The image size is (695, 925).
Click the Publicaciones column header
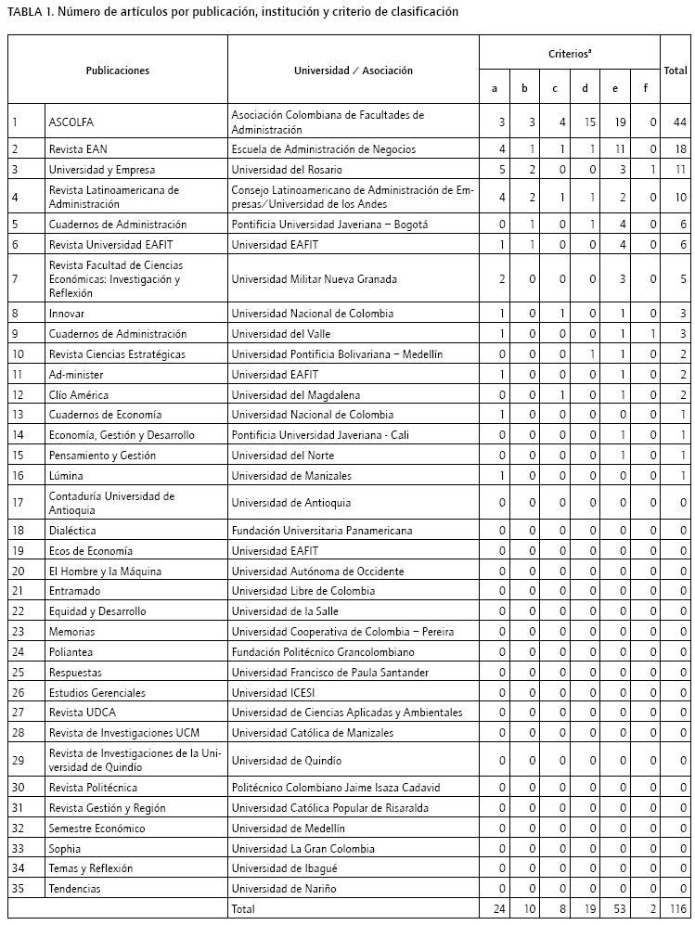117,71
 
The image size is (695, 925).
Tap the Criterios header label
569,55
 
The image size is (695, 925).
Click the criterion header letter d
585,89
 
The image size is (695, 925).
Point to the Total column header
675,71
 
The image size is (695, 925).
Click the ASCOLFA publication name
71,122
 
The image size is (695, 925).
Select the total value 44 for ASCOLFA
679,122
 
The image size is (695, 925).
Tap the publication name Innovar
67,314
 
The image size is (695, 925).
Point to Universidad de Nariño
283,889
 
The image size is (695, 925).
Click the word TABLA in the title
26,12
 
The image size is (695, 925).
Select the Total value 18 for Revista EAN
680,149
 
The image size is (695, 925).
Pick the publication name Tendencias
74,889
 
